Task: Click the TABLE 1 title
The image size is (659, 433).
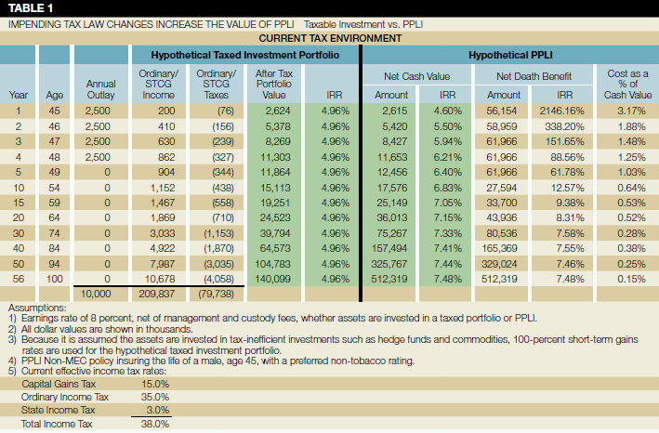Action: tap(30, 7)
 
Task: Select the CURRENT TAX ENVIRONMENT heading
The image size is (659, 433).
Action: tap(329, 38)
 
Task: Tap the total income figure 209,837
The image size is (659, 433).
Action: tap(166, 294)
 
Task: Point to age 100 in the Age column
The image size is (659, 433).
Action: tap(54, 278)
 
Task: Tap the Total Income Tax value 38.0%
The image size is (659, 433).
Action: tap(154, 423)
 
